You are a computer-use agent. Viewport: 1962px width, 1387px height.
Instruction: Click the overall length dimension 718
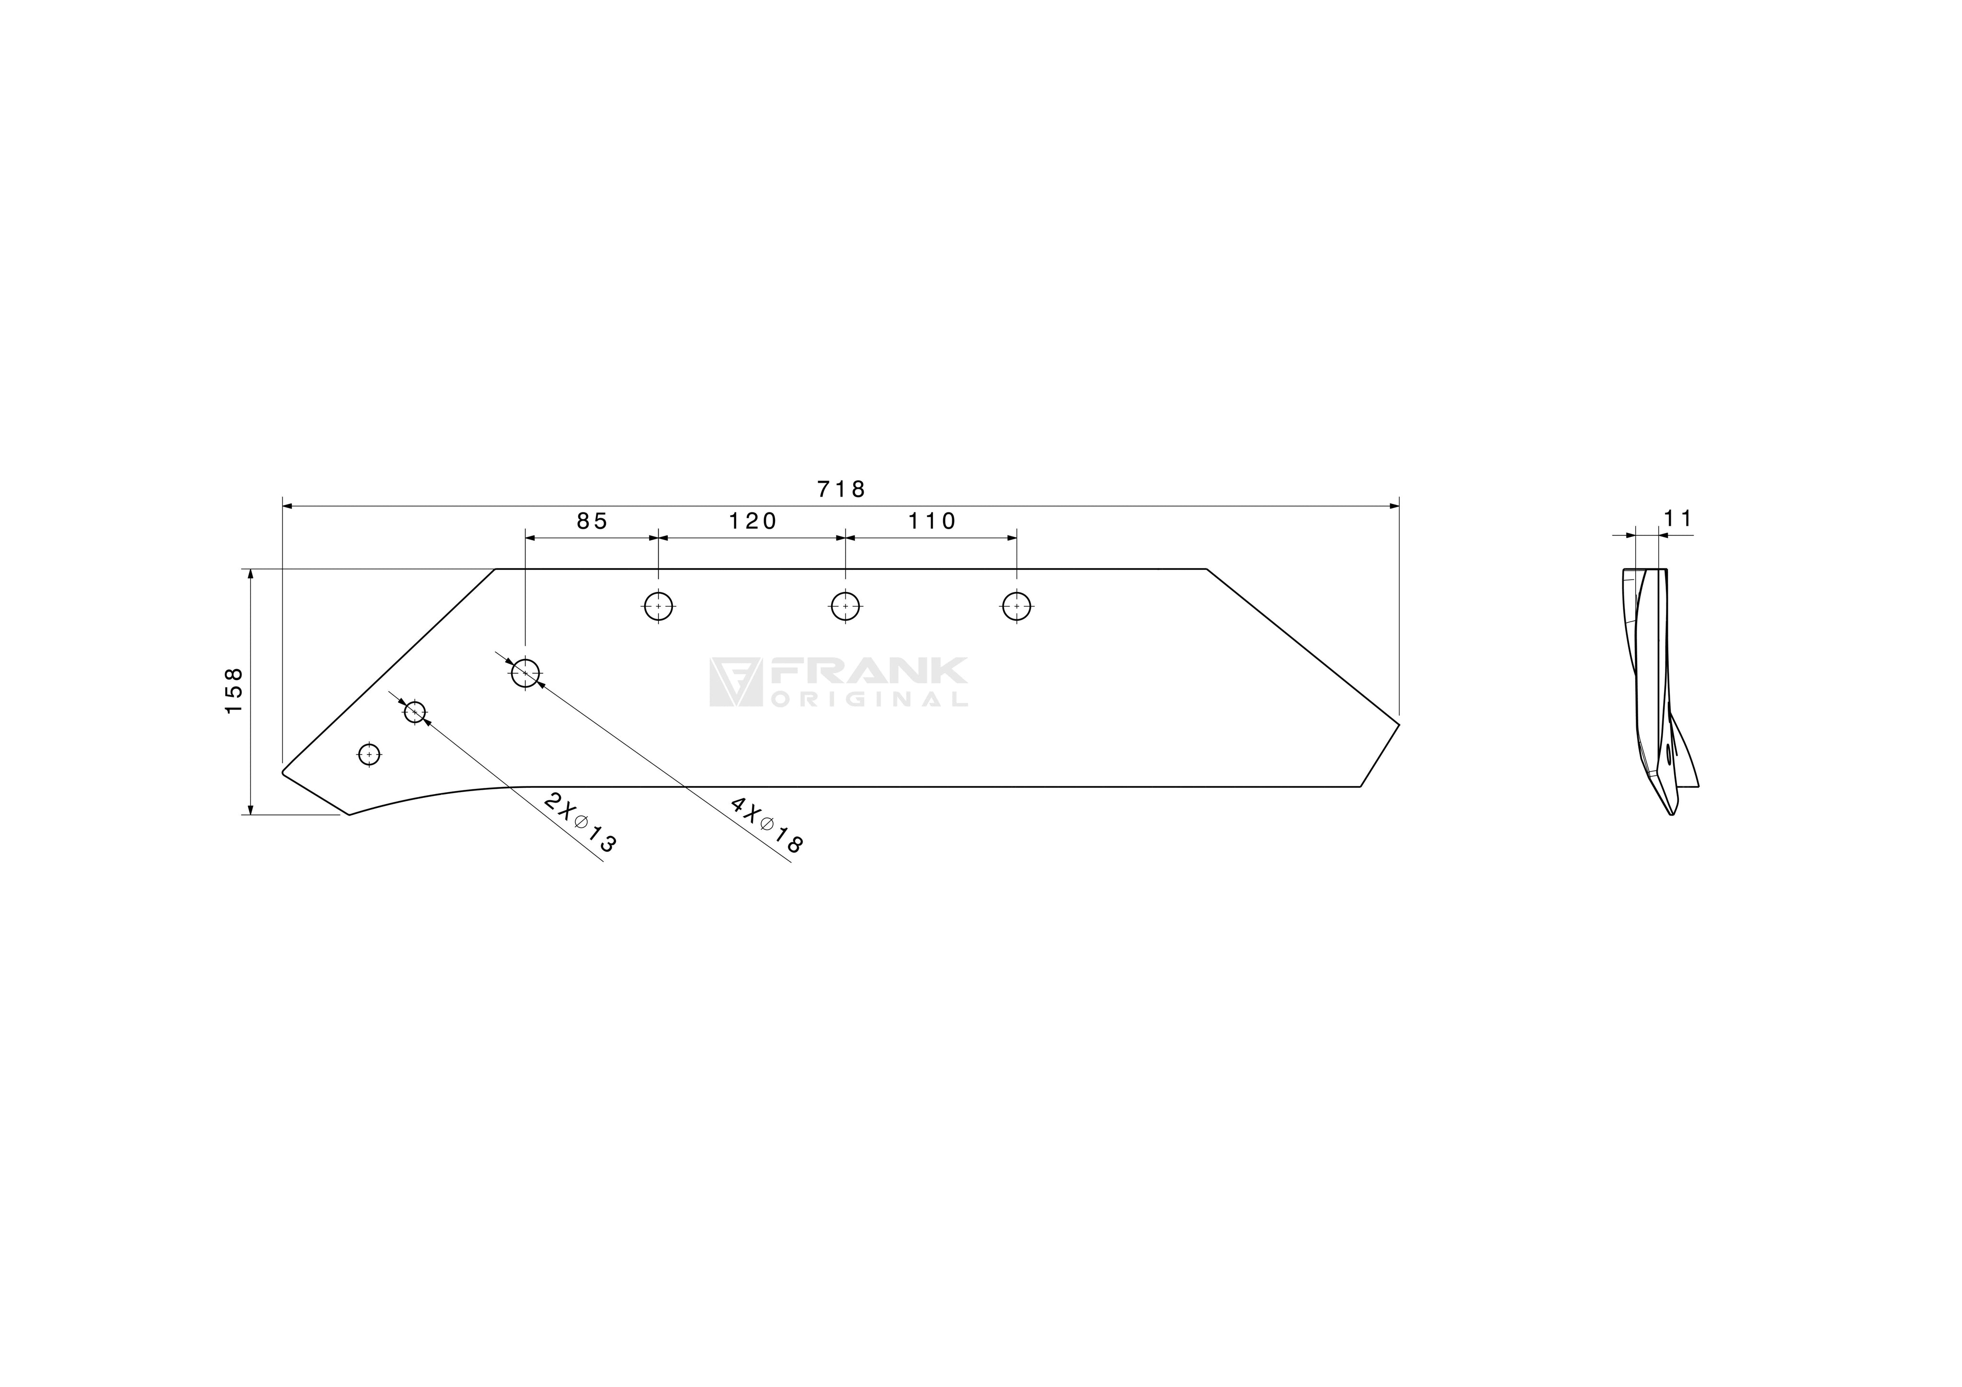[842, 489]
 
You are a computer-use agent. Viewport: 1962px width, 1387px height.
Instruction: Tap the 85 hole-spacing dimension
[592, 521]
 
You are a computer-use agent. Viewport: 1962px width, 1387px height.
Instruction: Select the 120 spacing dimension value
[753, 521]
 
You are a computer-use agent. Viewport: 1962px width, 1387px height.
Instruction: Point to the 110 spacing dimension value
[932, 521]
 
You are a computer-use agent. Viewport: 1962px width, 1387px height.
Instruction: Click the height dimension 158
[233, 691]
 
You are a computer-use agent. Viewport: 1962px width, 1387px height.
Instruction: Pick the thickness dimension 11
[1677, 519]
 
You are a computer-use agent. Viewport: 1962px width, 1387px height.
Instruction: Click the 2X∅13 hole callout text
[580, 822]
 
